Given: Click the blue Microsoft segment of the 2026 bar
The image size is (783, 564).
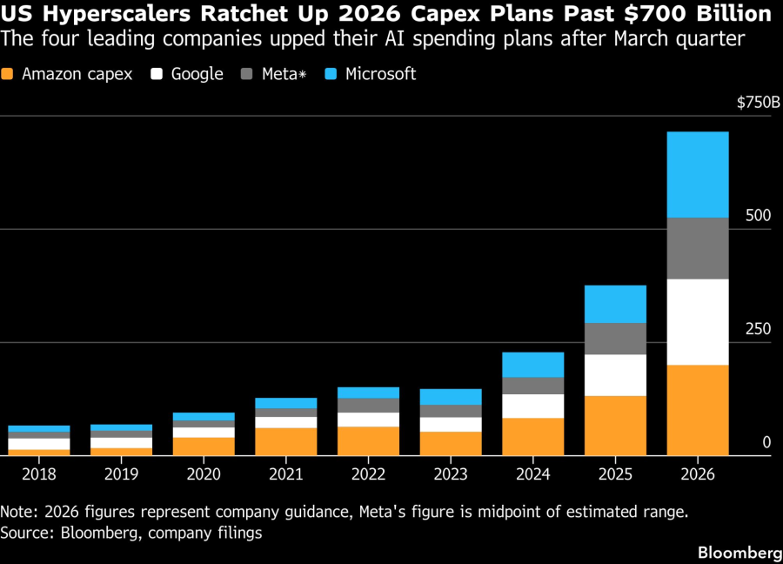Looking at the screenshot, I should [x=697, y=174].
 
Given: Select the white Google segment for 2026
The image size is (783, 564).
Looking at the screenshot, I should [x=697, y=321].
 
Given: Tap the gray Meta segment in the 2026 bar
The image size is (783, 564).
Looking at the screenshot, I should [x=697, y=248].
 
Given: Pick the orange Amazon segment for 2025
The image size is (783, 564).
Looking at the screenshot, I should [x=615, y=426].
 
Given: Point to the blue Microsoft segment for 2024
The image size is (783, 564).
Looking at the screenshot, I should [x=533, y=364].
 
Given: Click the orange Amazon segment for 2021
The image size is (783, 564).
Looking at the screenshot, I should [x=285, y=441].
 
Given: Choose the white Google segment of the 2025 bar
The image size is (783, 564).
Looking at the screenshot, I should [x=615, y=375].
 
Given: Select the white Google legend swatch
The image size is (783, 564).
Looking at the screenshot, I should [x=157, y=74].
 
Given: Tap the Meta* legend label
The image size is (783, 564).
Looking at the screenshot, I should [x=279, y=74].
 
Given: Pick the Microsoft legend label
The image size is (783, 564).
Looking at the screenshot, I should [x=380, y=74].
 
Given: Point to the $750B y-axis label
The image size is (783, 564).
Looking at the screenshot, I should [x=759, y=104].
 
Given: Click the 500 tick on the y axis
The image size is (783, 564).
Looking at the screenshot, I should [x=759, y=216].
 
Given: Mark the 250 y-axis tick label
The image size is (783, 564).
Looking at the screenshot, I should [x=759, y=329].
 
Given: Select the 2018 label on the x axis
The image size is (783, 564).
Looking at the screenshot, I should [x=40, y=474].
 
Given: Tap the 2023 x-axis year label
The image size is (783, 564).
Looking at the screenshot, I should [x=450, y=474].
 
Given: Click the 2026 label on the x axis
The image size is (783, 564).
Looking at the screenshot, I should [x=697, y=474].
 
